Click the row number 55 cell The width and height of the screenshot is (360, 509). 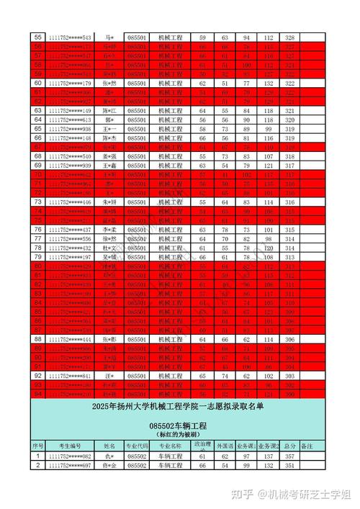pyautogui.click(x=38, y=37)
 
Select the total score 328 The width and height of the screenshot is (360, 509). pyautogui.click(x=290, y=37)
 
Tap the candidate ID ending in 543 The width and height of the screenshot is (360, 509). pyautogui.click(x=70, y=37)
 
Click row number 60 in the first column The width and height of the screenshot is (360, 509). pyautogui.click(x=38, y=84)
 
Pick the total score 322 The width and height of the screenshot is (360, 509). pyautogui.click(x=290, y=84)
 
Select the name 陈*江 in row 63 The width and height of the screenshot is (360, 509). pyautogui.click(x=109, y=111)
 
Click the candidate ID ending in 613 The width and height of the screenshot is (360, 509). pyautogui.click(x=70, y=120)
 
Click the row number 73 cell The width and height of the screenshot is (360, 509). pyautogui.click(x=38, y=203)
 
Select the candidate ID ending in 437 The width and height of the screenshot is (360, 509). pyautogui.click(x=70, y=229)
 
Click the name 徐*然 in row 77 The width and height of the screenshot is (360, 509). pyautogui.click(x=109, y=238)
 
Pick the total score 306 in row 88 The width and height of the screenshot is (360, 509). pyautogui.click(x=290, y=339)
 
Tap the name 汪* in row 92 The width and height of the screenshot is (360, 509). pyautogui.click(x=109, y=376)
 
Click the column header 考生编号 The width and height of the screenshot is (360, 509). pyautogui.click(x=70, y=446)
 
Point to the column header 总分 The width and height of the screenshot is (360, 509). pyautogui.click(x=290, y=446)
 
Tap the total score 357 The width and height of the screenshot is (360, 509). pyautogui.click(x=290, y=456)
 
